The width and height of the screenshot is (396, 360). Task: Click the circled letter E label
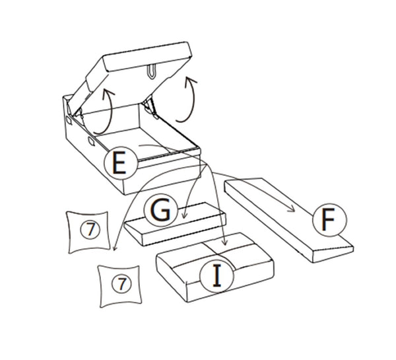(121, 162)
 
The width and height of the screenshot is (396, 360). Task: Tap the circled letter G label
(160, 209)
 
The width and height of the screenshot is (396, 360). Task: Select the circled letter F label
(329, 220)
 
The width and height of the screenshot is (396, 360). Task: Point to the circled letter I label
(216, 275)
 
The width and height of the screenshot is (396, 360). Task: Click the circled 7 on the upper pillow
(90, 230)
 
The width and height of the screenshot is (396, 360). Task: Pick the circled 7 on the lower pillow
(121, 283)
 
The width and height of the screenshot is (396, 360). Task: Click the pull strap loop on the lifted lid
(151, 71)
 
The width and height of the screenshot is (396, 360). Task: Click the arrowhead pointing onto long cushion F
(292, 209)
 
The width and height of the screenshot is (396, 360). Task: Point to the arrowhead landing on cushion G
(185, 215)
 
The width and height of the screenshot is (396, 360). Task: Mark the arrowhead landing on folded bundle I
(224, 242)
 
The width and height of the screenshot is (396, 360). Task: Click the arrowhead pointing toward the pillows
(114, 248)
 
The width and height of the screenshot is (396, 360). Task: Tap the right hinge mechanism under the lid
(150, 108)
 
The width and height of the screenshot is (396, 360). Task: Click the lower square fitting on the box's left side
(92, 141)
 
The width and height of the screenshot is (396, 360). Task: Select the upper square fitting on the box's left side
(69, 120)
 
